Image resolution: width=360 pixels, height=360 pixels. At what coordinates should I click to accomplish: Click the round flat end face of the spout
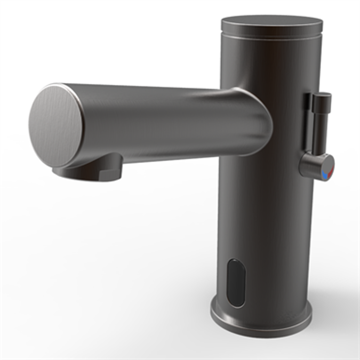(x=56, y=125)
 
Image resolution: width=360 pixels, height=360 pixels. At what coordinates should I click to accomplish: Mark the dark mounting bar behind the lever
(x=307, y=123)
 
